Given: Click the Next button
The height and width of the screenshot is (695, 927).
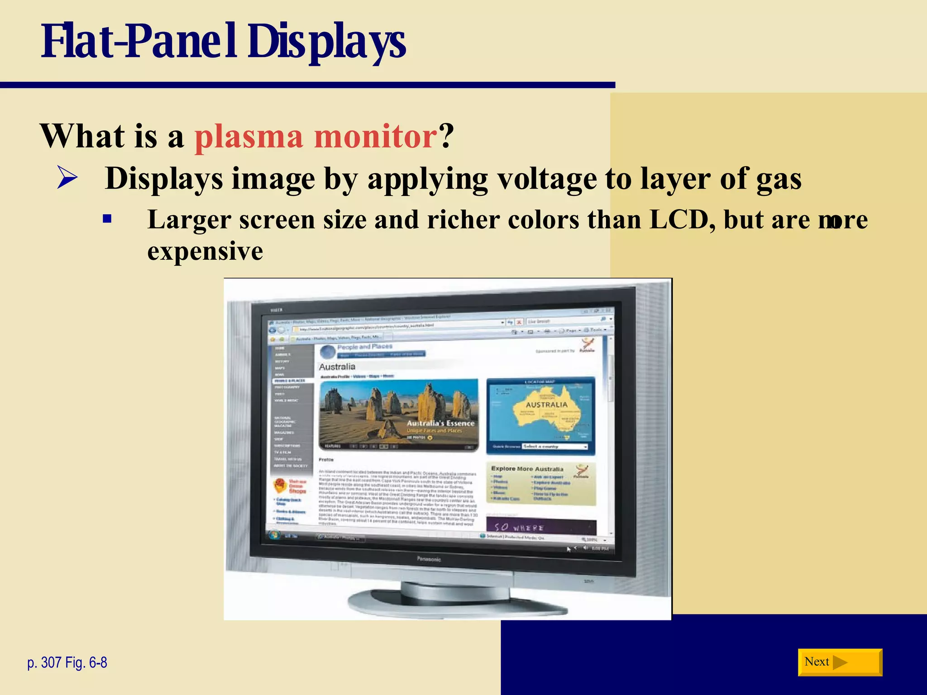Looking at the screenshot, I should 839,662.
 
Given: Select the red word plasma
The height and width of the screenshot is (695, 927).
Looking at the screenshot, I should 248,137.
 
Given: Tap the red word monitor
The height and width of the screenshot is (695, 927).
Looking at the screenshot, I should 375,137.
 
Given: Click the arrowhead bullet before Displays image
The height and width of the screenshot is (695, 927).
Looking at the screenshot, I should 67,178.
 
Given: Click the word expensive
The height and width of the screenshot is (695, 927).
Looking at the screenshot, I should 205,252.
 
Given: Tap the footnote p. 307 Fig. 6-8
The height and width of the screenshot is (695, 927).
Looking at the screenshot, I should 67,662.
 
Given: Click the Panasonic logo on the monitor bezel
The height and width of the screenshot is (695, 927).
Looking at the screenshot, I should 429,559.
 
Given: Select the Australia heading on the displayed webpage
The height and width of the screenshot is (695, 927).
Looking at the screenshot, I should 337,367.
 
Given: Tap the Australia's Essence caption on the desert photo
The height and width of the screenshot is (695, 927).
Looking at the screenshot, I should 440,424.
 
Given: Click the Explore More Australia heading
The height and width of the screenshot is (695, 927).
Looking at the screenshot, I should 527,469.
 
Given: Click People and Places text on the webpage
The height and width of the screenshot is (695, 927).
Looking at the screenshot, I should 365,347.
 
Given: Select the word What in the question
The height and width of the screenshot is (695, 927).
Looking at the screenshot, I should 83,137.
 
